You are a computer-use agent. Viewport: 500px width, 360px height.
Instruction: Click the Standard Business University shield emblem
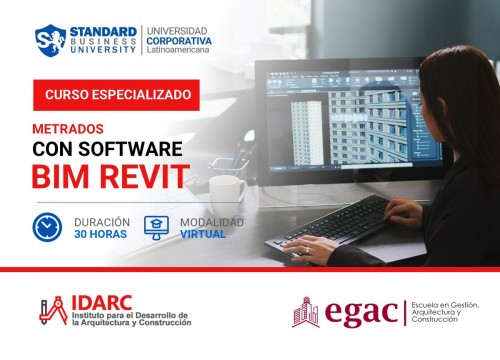(x=51, y=38)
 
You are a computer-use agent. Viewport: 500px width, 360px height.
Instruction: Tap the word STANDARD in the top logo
(x=103, y=27)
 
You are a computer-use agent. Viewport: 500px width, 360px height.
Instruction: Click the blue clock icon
(x=46, y=225)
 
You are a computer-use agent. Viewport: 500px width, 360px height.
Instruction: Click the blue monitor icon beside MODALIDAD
(x=157, y=225)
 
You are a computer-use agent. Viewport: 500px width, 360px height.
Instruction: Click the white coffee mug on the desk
(x=227, y=189)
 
